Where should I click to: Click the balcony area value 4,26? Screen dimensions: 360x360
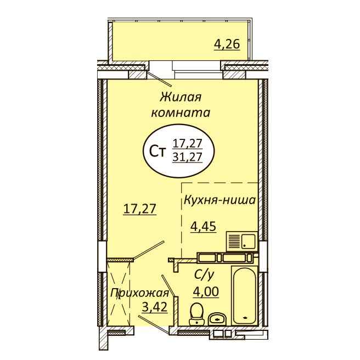(227, 44)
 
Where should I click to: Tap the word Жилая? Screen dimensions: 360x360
(181, 97)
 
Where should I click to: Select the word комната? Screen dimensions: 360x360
(181, 113)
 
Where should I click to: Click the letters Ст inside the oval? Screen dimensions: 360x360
(157, 152)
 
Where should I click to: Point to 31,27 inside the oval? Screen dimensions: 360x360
(187, 157)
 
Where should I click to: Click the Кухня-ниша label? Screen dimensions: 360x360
(220, 200)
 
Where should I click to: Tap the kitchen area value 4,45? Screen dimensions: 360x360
(204, 227)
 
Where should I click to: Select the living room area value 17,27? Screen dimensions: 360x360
(139, 209)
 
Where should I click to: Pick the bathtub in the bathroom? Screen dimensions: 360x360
(245, 295)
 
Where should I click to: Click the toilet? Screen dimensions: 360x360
(196, 314)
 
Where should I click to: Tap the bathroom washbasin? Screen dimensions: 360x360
(217, 319)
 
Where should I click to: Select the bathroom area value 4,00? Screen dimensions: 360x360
(206, 292)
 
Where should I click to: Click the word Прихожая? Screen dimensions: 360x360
(139, 294)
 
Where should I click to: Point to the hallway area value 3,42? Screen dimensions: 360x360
(155, 307)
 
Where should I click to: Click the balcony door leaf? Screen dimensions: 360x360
(159, 79)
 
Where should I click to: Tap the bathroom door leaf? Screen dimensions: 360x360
(169, 286)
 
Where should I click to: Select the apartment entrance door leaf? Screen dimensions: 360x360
(154, 324)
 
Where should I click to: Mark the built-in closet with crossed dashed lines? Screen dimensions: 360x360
(119, 294)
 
